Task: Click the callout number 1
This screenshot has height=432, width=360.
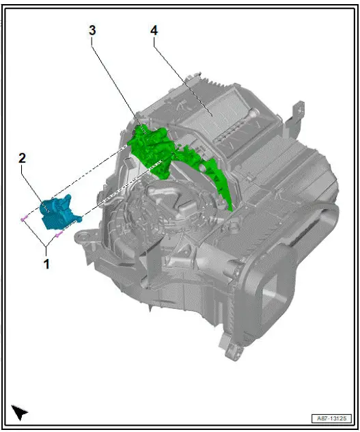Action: pos(46,262)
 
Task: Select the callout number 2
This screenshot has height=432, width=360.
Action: pos(23,158)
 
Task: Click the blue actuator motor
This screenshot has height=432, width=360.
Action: pos(59,213)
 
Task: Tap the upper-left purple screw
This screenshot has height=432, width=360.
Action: pos(25,219)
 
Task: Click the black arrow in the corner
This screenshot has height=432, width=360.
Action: pos(20,411)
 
